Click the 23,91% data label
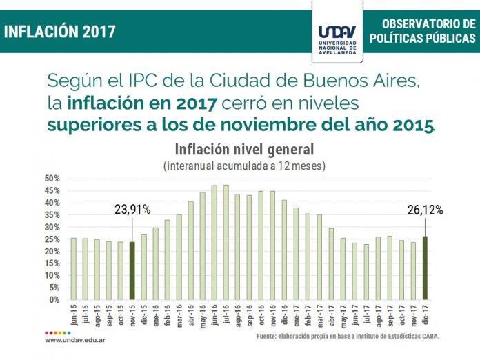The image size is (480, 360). [132, 209]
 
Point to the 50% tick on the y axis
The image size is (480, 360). [52, 179]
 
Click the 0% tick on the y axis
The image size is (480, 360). [55, 300]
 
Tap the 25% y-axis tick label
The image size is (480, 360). [52, 239]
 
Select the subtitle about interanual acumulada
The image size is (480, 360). [244, 166]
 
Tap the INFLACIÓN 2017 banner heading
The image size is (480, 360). [59, 31]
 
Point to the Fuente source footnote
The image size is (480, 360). [348, 336]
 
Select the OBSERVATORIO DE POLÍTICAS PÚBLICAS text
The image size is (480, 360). [422, 32]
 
